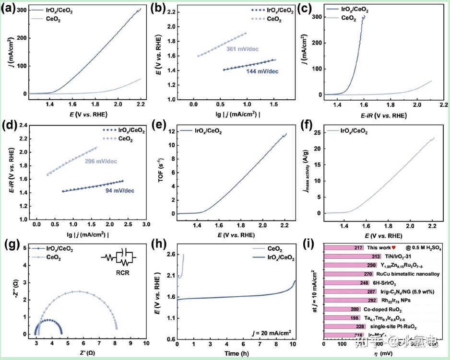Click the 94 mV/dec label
[119, 191]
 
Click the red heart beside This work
[394, 248]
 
